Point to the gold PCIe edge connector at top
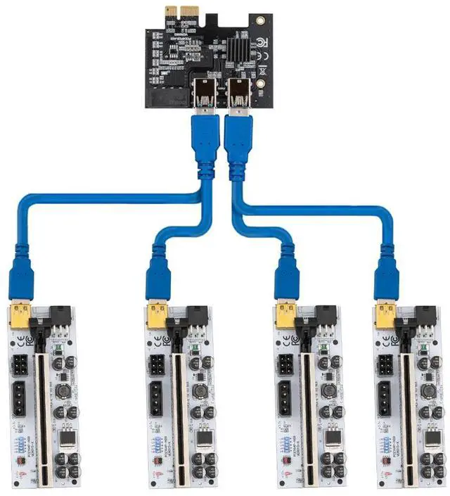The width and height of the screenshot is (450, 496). pyautogui.click(x=181, y=12)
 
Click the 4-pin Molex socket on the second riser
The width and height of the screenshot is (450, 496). pyautogui.click(x=157, y=403)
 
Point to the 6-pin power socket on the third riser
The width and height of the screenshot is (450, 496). pyautogui.click(x=287, y=367)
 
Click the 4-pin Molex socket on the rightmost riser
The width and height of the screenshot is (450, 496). pyautogui.click(x=386, y=403)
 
